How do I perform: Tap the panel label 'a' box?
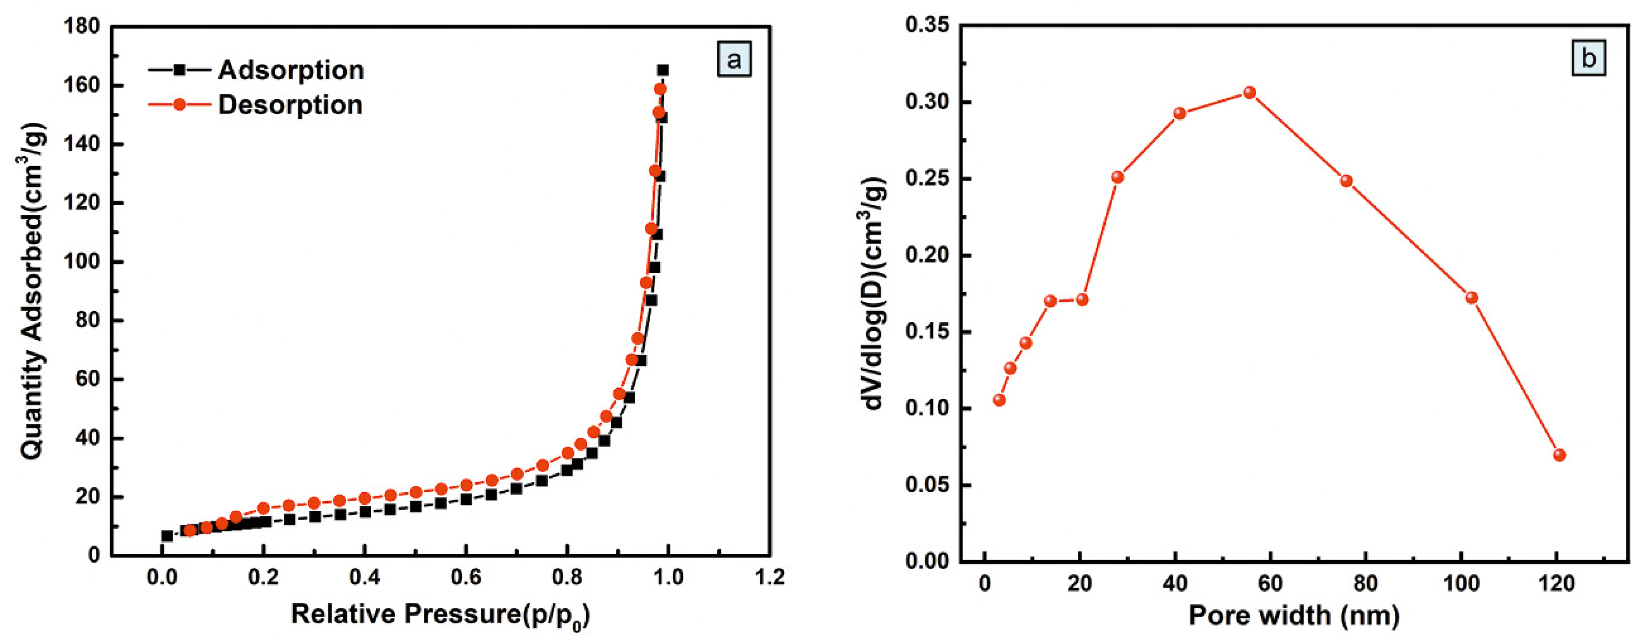[x=734, y=60]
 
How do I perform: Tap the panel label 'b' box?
[x=1588, y=59]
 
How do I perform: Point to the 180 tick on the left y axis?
[x=82, y=26]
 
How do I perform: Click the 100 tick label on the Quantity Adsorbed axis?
[x=82, y=262]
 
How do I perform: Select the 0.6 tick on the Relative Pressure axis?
[x=466, y=577]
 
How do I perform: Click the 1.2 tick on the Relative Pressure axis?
[x=769, y=577]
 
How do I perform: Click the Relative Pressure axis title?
[x=440, y=615]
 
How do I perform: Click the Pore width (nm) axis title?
[x=1294, y=616]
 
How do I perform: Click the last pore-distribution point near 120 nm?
[x=1560, y=455]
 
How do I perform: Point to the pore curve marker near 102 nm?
[x=1471, y=298]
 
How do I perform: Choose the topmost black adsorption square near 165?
[x=663, y=70]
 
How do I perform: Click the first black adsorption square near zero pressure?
[x=167, y=536]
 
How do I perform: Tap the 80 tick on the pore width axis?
[x=1366, y=583]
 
